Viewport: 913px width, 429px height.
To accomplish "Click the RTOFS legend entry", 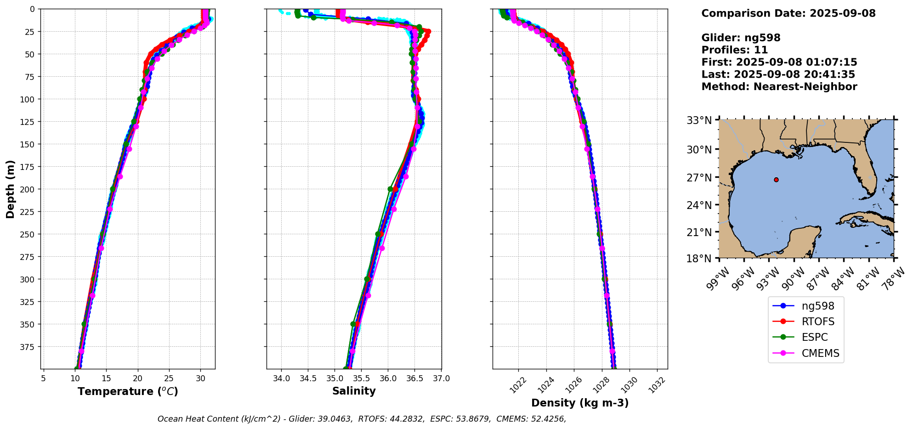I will [818, 322].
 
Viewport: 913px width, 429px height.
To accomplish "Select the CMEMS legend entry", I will [820, 353].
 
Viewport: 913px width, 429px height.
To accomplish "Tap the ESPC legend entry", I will [815, 337].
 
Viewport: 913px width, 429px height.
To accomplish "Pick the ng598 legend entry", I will [818, 306].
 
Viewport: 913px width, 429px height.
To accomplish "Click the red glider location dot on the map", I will [776, 180].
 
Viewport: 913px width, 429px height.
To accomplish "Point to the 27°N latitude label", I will [699, 177].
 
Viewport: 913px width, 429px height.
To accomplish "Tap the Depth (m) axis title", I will [10, 189].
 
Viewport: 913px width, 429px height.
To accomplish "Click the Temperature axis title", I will [128, 391].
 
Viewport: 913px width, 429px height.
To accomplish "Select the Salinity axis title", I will [354, 391].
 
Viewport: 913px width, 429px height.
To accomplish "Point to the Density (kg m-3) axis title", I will [580, 403].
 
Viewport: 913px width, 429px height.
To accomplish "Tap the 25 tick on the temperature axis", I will [169, 378].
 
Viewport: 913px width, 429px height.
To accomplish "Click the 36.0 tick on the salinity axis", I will [388, 378].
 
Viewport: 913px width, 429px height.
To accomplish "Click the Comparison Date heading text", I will [788, 13].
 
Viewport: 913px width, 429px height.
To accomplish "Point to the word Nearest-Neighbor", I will [805, 87].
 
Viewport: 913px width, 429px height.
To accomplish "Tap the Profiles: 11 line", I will [734, 50].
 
